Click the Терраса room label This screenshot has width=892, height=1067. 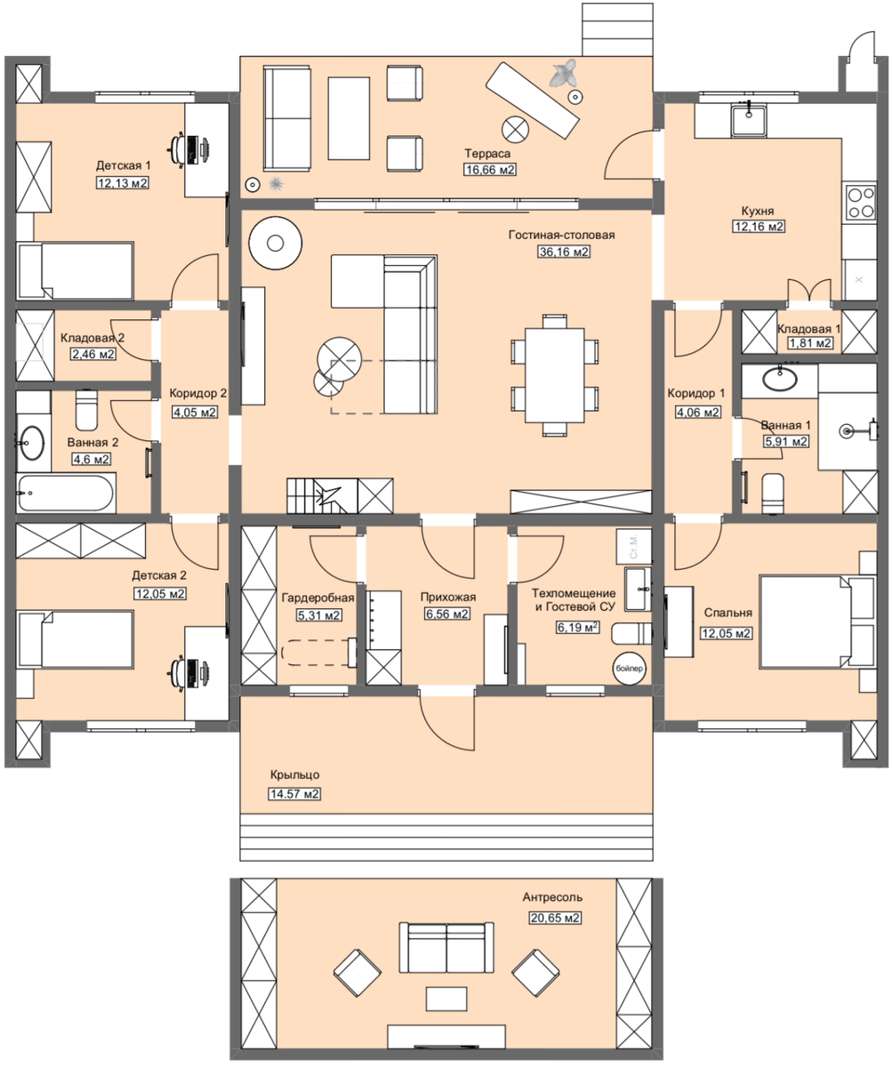tap(486, 153)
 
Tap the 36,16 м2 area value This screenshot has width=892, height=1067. tap(564, 252)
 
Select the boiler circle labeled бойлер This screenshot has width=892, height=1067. tap(629, 668)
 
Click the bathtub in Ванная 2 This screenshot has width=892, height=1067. tap(66, 493)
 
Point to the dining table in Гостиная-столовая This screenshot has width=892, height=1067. tap(555, 375)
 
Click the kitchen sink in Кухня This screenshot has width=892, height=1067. tap(749, 120)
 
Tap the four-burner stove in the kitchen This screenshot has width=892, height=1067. tap(861, 201)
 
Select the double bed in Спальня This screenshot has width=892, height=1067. tap(816, 622)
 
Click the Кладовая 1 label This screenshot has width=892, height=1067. tap(808, 329)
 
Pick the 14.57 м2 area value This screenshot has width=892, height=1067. tap(294, 794)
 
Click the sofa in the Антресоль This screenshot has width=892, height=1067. tap(446, 948)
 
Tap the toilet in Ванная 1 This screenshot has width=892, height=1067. tap(773, 493)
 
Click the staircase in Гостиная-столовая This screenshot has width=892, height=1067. tap(322, 495)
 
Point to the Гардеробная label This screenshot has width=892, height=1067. tap(318, 598)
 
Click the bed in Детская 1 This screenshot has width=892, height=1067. tap(75, 270)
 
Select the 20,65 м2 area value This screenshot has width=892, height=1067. tap(555, 918)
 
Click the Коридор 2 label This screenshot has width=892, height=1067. tap(197, 393)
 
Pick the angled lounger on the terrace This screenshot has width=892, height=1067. tap(532, 100)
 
